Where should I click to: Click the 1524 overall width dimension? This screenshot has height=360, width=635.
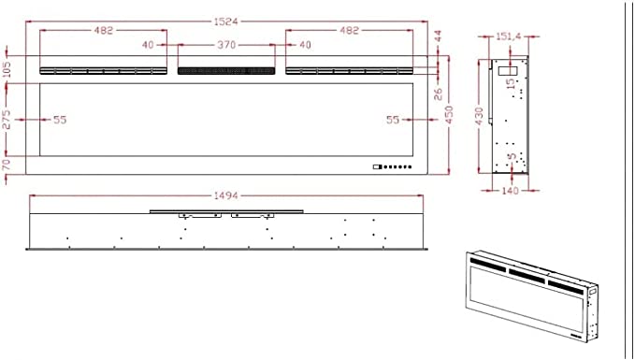226,22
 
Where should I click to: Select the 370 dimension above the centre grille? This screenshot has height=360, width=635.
226,45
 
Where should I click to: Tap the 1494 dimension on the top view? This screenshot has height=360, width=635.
226,196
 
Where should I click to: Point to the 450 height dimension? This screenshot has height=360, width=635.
449,115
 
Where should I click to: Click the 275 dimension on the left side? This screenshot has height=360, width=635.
7,120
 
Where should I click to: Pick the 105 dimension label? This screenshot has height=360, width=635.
7,69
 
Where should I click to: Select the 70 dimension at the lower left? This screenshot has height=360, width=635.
7,166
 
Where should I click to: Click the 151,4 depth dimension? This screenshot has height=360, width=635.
508,36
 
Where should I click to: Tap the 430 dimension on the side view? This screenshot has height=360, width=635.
480,116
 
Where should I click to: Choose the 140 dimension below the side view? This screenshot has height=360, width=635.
510,191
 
